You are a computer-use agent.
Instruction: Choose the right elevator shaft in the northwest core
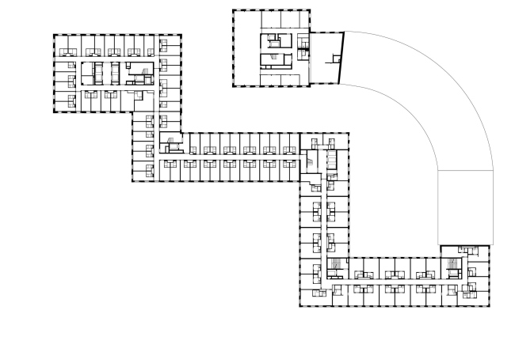(116, 73)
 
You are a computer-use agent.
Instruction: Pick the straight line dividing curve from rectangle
(465, 170)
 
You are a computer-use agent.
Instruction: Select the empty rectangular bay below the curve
(465, 207)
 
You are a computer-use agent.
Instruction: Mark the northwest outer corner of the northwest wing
(54, 35)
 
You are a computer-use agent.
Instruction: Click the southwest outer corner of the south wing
(299, 306)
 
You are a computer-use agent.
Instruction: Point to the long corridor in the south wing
(396, 280)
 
